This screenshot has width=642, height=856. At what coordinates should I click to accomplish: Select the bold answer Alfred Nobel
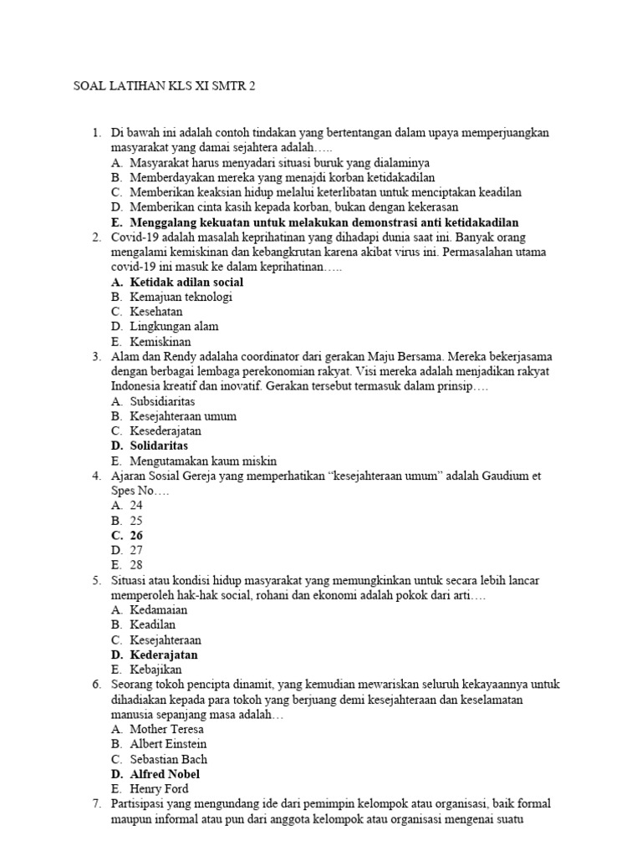[165, 774]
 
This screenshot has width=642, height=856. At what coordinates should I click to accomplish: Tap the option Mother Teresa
[166, 729]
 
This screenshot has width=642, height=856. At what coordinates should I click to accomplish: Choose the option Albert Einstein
[168, 744]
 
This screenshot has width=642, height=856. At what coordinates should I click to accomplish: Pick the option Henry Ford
[159, 789]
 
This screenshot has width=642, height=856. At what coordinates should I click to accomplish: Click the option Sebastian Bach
[168, 759]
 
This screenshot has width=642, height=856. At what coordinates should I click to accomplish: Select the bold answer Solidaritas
[159, 446]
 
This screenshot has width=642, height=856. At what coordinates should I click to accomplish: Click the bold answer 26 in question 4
[136, 535]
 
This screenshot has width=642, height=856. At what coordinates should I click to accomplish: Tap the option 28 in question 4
[136, 565]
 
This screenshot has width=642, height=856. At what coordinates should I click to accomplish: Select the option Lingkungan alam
[174, 327]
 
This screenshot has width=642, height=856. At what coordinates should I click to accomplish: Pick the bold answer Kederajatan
[164, 655]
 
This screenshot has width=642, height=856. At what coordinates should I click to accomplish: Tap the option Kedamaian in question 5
[159, 609]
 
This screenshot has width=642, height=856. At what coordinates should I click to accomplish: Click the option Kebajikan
[155, 670]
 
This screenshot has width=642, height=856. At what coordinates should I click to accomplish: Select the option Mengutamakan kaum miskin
[203, 461]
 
